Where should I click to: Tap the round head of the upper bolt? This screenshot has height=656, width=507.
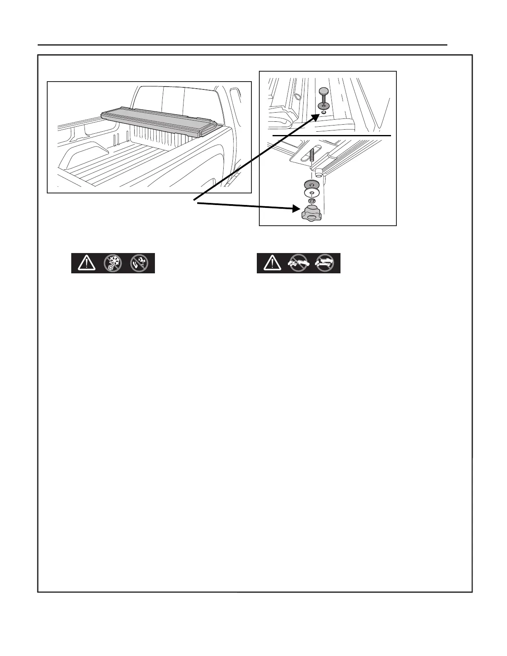(x=323, y=91)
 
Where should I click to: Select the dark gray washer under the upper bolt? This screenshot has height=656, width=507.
(x=323, y=106)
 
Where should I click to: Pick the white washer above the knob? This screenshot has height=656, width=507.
(x=311, y=193)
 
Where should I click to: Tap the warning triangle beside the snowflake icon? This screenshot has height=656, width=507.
(x=86, y=263)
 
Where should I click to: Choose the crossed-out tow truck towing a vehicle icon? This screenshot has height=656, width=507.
(x=298, y=263)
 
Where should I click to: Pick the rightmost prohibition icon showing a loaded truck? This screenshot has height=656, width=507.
(x=325, y=263)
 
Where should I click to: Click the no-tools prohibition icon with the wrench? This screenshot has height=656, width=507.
(x=139, y=263)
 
